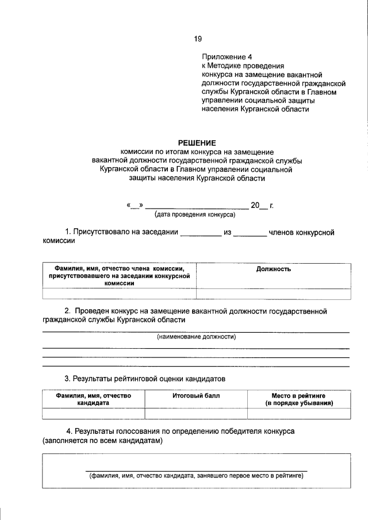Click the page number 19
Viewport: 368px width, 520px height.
(198, 39)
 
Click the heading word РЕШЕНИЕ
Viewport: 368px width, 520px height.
(196, 142)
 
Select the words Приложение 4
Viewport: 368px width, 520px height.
(227, 57)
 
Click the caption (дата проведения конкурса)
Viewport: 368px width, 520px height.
(195, 214)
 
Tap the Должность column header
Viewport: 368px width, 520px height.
(273, 269)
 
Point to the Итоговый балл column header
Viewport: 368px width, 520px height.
(195, 396)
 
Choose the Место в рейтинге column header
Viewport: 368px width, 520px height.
(298, 400)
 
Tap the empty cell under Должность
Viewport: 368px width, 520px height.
(273, 294)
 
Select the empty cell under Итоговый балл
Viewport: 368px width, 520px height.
(195, 413)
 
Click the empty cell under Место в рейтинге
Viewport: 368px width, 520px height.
(298, 413)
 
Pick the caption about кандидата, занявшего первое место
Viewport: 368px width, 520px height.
(196, 476)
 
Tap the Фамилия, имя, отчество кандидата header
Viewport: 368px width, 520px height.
(94, 400)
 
